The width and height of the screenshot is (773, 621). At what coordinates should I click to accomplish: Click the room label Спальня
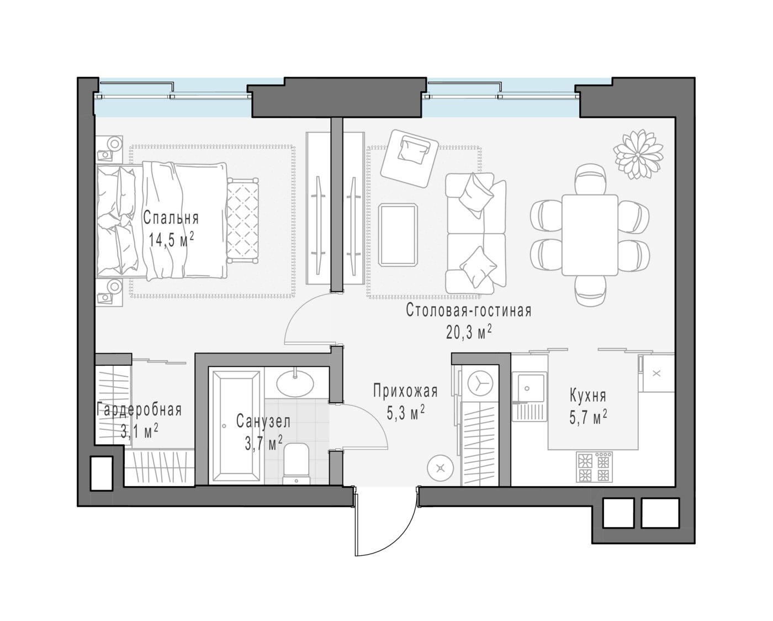pos(171,218)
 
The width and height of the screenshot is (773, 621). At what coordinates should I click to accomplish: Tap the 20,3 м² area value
pos(469,333)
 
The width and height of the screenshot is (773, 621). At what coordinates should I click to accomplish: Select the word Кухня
pos(588,396)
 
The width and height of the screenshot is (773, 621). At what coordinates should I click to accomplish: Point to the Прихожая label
pos(405,391)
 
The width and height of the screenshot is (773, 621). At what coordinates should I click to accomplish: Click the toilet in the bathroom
pos(297,464)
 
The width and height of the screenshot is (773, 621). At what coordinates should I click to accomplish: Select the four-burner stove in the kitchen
pos(594,466)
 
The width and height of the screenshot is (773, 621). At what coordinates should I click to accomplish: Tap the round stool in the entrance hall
pos(441,468)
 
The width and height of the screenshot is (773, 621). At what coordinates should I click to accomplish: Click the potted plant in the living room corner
pos(638,154)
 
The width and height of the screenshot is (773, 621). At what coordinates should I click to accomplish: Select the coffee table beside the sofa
pos(398,235)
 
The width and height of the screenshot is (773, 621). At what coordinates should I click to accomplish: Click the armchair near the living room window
pos(410,159)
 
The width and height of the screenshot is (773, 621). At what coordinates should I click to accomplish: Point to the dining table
pos(590,235)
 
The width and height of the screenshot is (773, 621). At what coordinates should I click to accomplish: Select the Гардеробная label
pos(139,410)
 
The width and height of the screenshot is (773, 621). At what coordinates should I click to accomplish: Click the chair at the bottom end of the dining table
pos(590,291)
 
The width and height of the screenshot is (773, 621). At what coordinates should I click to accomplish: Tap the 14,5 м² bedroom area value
pos(172,239)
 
